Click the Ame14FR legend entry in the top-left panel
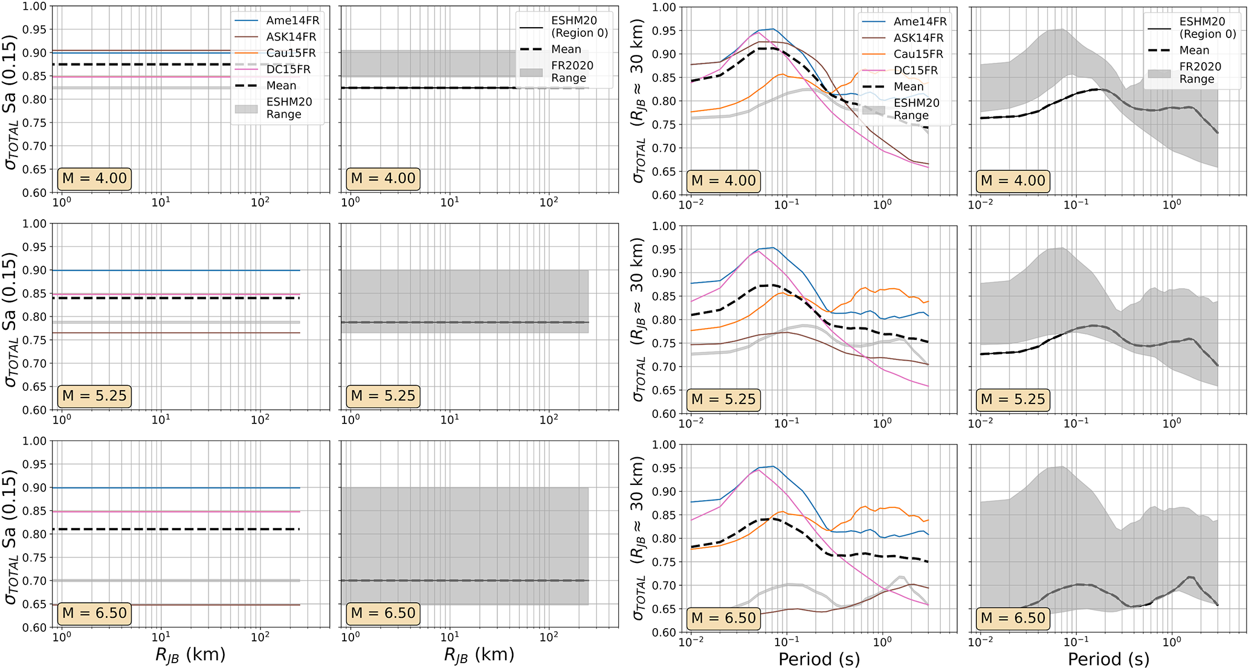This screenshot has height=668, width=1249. pyautogui.click(x=292, y=21)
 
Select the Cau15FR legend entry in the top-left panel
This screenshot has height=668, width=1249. pyautogui.click(x=291, y=53)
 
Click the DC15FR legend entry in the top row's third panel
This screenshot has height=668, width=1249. pyautogui.click(x=915, y=70)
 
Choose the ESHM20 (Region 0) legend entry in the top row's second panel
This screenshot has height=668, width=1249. pyautogui.click(x=579, y=27)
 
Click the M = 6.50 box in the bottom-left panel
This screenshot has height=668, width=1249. pyautogui.click(x=95, y=613)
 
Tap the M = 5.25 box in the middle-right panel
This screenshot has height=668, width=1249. pyautogui.click(x=1012, y=399)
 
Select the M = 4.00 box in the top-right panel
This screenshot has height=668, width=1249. pyautogui.click(x=1012, y=181)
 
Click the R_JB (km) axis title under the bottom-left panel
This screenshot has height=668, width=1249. pyautogui.click(x=190, y=655)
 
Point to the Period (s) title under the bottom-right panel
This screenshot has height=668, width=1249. pyautogui.click(x=1108, y=658)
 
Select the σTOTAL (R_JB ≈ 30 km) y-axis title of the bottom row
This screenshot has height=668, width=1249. pyautogui.click(x=639, y=538)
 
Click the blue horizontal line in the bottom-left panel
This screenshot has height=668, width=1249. pyautogui.click(x=181, y=487)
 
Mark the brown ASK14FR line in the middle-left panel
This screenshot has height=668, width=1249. pyautogui.click(x=181, y=333)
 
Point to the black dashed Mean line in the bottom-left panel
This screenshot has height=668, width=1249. pyautogui.click(x=181, y=529)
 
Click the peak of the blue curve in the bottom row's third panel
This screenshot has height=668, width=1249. pyautogui.click(x=772, y=466)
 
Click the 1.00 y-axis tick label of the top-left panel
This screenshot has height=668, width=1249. pyautogui.click(x=34, y=6)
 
